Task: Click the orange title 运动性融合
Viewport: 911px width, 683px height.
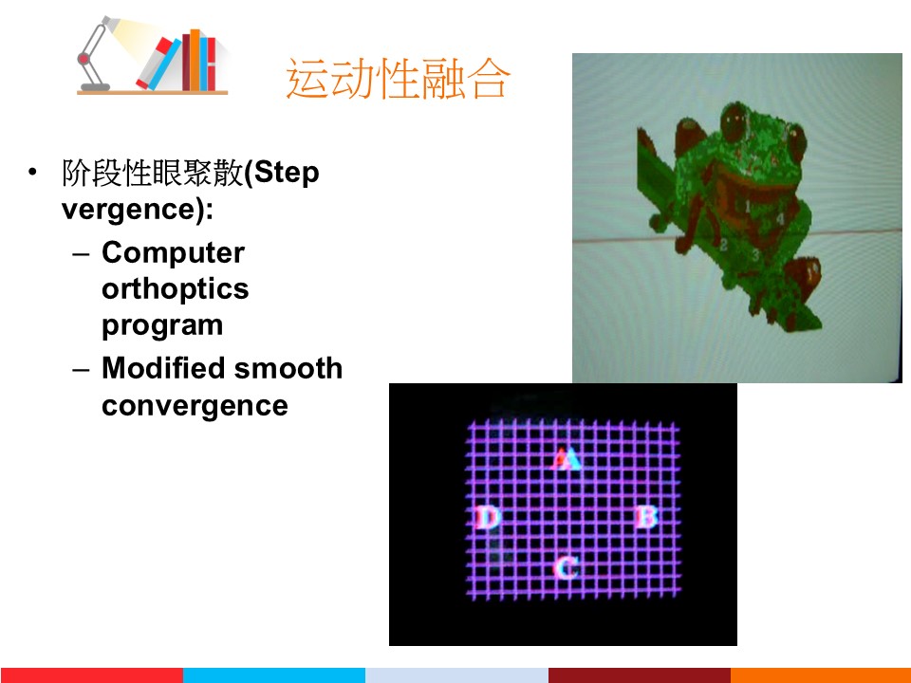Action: point(399,79)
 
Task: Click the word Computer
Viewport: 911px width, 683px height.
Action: point(173,253)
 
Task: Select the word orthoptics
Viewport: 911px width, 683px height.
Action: point(175,289)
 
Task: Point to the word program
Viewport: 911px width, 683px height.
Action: point(162,325)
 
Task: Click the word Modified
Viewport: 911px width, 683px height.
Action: point(163,368)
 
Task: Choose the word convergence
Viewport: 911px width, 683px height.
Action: point(195,406)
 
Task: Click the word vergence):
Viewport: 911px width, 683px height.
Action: point(137,210)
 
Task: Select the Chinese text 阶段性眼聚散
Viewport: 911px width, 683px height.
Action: point(152,173)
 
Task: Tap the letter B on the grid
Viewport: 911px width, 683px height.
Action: point(646,516)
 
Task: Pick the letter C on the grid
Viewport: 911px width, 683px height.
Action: point(566,567)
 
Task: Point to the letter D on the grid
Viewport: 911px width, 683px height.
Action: point(488,517)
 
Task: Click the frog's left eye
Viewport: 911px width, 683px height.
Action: point(734,120)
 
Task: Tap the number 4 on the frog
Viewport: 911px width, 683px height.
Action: point(780,219)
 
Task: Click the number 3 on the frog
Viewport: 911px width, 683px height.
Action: point(755,255)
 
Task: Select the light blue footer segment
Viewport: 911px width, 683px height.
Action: point(274,675)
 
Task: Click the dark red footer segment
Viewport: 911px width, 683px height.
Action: point(639,675)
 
